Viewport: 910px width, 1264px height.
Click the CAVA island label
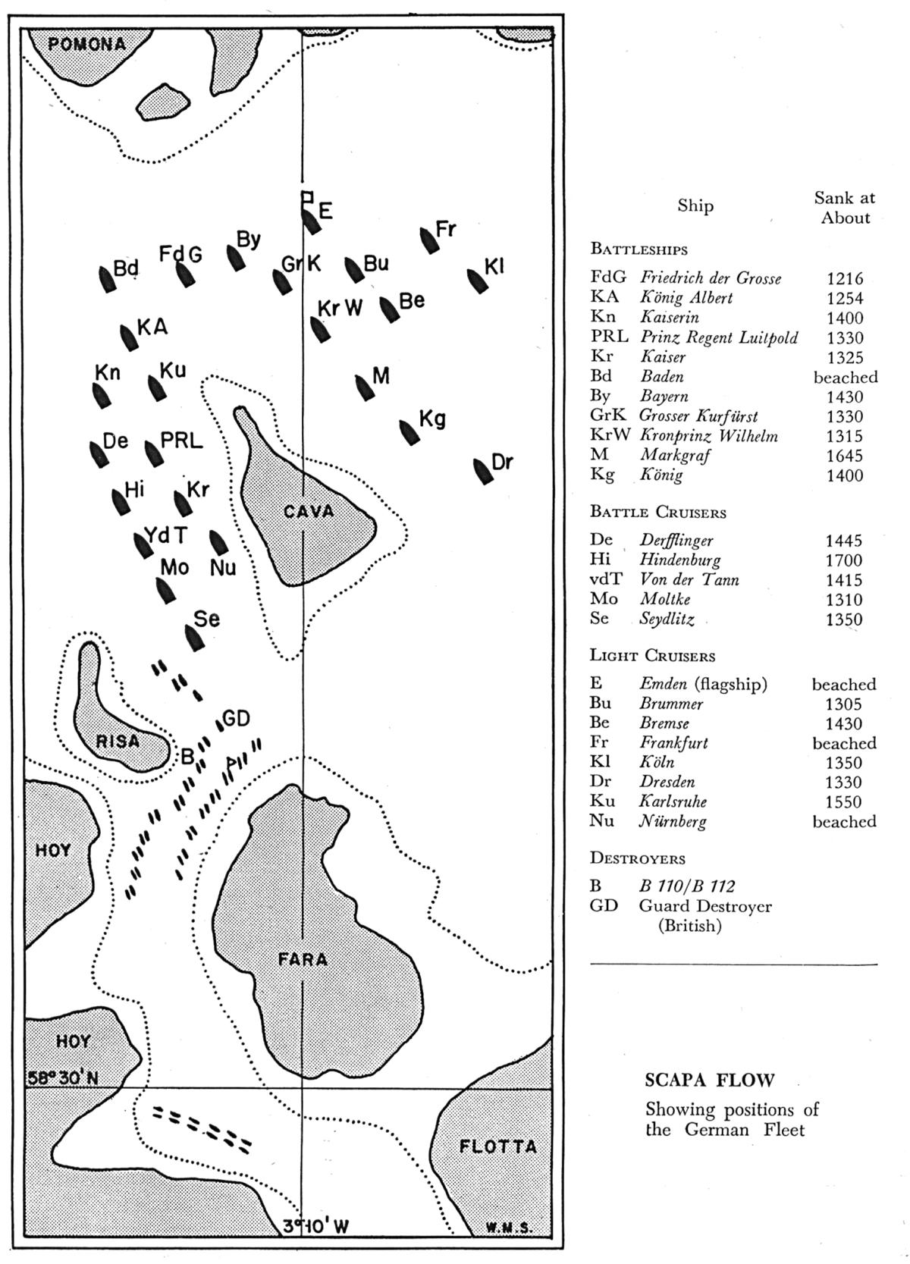tap(309, 512)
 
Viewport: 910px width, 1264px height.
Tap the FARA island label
tap(303, 959)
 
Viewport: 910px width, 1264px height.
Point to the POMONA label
tap(86, 43)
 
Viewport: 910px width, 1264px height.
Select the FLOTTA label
tap(498, 1146)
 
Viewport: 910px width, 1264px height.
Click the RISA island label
tap(118, 741)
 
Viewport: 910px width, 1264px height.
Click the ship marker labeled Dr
tap(483, 470)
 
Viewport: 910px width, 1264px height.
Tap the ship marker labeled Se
tap(195, 637)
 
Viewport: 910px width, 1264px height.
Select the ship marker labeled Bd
tap(107, 280)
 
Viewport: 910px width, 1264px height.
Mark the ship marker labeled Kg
tap(409, 431)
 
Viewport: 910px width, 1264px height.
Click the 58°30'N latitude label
tap(63, 1077)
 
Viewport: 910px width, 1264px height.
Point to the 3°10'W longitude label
tap(315, 1226)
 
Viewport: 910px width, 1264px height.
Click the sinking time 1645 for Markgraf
tap(844, 456)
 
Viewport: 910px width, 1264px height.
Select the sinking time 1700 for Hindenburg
tap(844, 560)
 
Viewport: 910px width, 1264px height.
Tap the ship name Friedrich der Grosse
tap(710, 278)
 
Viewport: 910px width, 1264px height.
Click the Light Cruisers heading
tap(652, 656)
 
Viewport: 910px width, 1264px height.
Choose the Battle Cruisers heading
tap(657, 513)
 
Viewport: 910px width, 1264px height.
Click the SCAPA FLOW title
tap(710, 1081)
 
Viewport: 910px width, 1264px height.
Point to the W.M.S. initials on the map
tap(510, 1228)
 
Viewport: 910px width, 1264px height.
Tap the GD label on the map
tap(236, 718)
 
